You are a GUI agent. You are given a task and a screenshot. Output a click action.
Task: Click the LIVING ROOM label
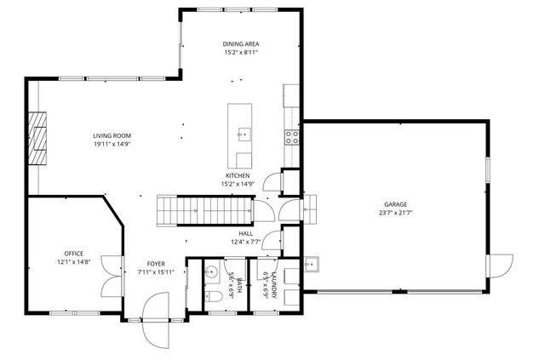(x=111, y=135)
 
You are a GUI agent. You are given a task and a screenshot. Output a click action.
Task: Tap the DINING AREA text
(x=240, y=43)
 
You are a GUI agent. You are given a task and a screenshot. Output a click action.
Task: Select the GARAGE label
(x=395, y=204)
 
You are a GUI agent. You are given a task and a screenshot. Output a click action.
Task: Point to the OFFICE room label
(x=73, y=254)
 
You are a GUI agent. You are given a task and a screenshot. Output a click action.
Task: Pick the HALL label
(x=245, y=233)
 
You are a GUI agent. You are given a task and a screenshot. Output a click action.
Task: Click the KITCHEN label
(x=238, y=175)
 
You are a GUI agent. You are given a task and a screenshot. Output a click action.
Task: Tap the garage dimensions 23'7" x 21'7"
(x=395, y=213)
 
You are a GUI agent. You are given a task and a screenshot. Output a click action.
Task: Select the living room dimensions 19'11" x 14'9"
(x=111, y=144)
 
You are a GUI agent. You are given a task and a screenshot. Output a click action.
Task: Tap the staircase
(x=204, y=209)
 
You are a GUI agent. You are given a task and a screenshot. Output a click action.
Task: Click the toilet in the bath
(x=215, y=295)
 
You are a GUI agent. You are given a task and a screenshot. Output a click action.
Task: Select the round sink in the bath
(x=209, y=273)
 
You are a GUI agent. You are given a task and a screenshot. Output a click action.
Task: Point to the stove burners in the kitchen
(x=291, y=134)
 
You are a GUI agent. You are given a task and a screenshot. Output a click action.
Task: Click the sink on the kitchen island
(x=243, y=134)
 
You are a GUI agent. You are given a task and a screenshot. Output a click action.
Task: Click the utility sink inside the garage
(x=313, y=263)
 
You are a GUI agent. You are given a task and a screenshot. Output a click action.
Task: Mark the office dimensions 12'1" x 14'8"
(x=73, y=262)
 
